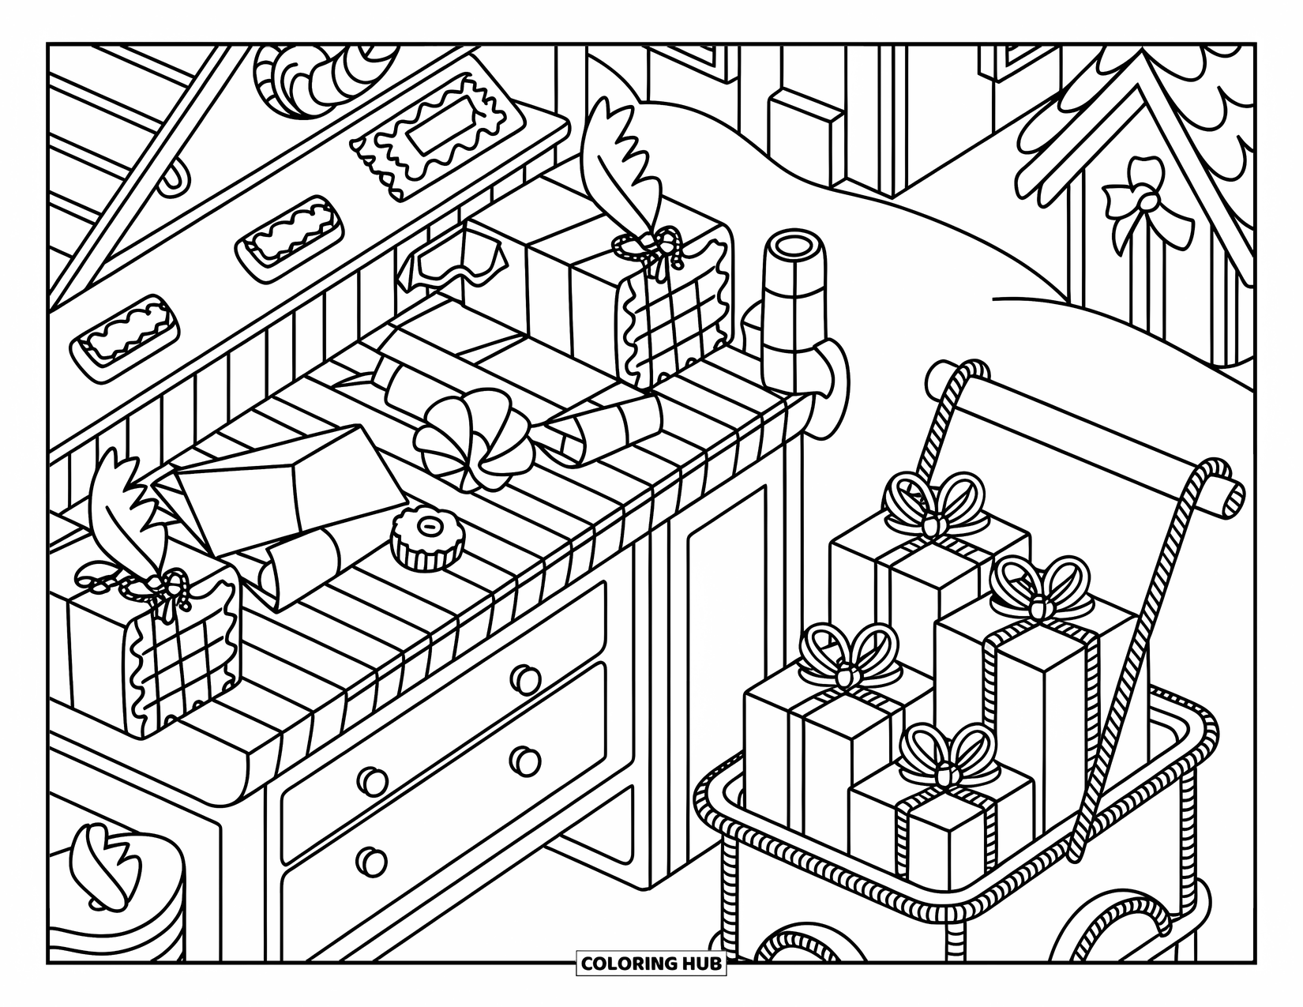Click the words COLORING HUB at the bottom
(x=651, y=963)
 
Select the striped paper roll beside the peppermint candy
(x=604, y=426)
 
